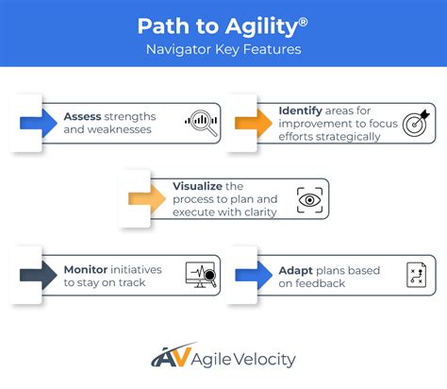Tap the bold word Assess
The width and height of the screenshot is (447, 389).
click(x=83, y=116)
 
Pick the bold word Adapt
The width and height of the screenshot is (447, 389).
click(x=298, y=270)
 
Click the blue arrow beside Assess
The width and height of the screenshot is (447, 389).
click(x=37, y=120)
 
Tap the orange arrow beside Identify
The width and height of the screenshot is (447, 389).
click(x=251, y=119)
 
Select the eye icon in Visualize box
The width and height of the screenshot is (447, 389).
click(x=307, y=199)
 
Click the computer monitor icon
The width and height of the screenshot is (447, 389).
click(x=201, y=276)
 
